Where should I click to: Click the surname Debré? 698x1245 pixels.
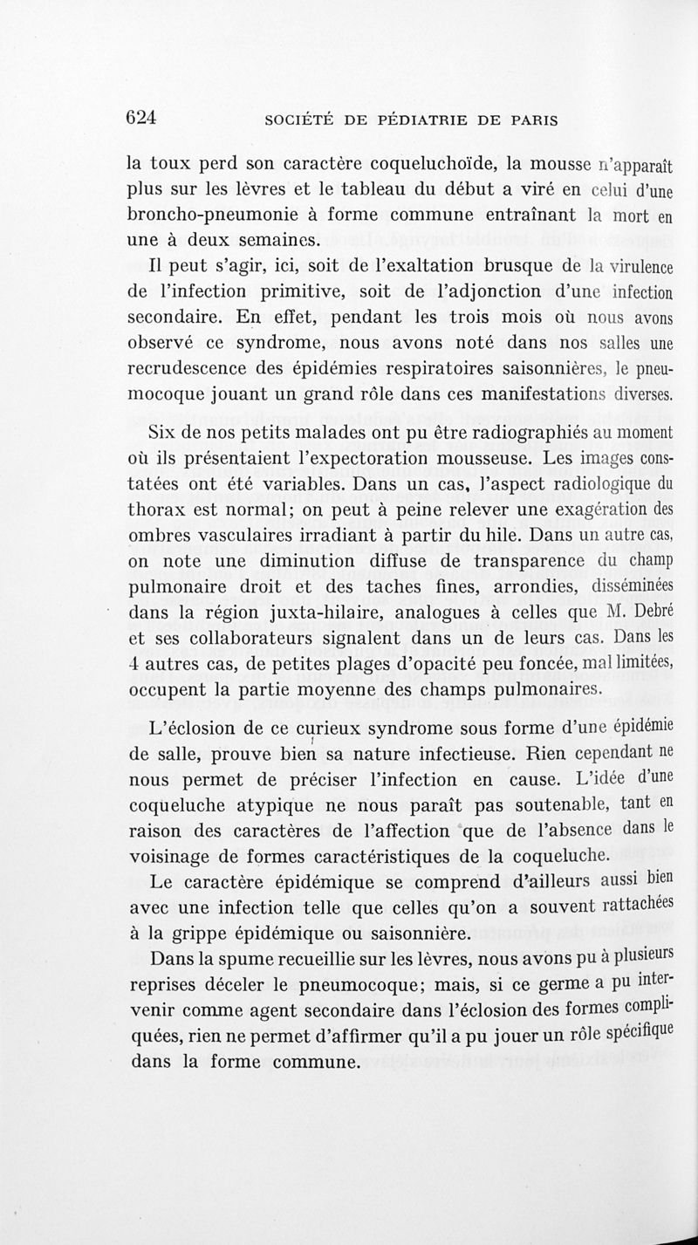(x=648, y=610)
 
